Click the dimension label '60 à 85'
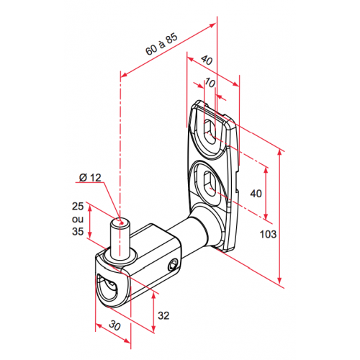(x=161, y=44)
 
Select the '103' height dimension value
(x=269, y=234)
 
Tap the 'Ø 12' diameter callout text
(x=90, y=178)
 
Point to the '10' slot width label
(x=210, y=83)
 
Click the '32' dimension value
(x=163, y=315)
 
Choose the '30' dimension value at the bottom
(x=114, y=325)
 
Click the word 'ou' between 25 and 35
(x=78, y=219)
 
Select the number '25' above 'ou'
(x=78, y=207)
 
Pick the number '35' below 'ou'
(x=78, y=232)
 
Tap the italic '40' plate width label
(x=207, y=60)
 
